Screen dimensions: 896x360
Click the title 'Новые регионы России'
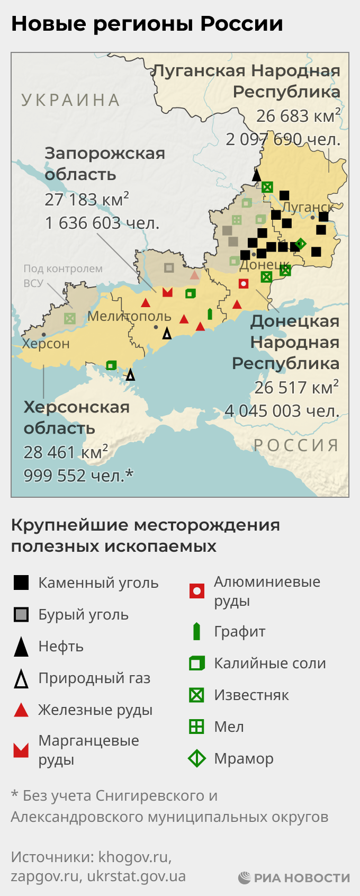tap(147, 24)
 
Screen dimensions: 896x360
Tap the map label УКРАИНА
tap(71, 100)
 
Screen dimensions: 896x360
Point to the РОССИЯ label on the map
tap(296, 445)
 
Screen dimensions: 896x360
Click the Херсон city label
tap(46, 344)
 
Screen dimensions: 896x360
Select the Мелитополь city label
tap(129, 316)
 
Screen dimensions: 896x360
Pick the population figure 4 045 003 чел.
tap(282, 411)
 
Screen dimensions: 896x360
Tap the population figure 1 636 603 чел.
tap(102, 223)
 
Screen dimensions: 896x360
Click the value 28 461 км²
tap(66, 452)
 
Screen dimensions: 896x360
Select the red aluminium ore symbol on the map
tap(244, 283)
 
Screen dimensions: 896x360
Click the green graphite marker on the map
tap(210, 313)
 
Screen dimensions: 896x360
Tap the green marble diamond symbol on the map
tap(300, 244)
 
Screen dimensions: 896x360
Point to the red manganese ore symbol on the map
tap(167, 292)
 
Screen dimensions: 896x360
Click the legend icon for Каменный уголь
tap(21, 583)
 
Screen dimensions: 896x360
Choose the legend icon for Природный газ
tap(21, 678)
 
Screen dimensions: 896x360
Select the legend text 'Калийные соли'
tap(269, 663)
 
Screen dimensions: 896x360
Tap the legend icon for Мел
tap(196, 727)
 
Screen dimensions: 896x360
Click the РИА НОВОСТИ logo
tap(294, 877)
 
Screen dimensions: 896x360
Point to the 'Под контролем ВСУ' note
tap(62, 275)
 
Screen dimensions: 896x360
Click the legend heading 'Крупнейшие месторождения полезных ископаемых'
tap(145, 535)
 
